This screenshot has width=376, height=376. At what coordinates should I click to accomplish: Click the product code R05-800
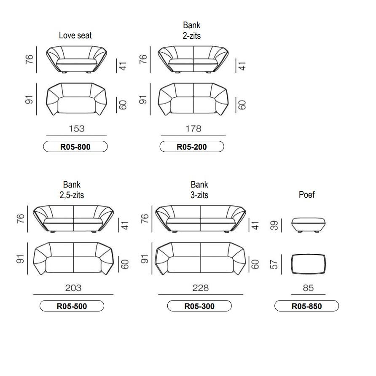[75, 147]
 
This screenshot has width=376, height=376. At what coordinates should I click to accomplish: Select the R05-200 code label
[192, 147]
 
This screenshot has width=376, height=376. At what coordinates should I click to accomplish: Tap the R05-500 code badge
[72, 306]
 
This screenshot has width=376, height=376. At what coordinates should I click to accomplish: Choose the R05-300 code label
[199, 306]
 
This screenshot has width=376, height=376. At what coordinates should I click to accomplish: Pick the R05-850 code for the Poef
[306, 306]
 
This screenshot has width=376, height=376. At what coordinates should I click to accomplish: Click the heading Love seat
[75, 35]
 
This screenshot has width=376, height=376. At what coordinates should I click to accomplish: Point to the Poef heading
[307, 194]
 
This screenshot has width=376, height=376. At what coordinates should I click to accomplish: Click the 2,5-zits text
[72, 195]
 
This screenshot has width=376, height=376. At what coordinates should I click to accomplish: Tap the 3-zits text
[199, 195]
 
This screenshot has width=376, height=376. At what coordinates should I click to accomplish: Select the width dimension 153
[77, 129]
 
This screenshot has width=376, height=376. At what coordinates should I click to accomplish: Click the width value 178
[193, 129]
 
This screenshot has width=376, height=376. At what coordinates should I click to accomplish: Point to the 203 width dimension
[73, 288]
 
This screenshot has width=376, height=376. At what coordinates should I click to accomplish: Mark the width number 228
[201, 288]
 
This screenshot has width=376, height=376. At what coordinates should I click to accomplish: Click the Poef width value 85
[308, 288]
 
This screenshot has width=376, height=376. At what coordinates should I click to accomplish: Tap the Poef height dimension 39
[274, 225]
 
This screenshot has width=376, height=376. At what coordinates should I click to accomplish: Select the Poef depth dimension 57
[274, 264]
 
